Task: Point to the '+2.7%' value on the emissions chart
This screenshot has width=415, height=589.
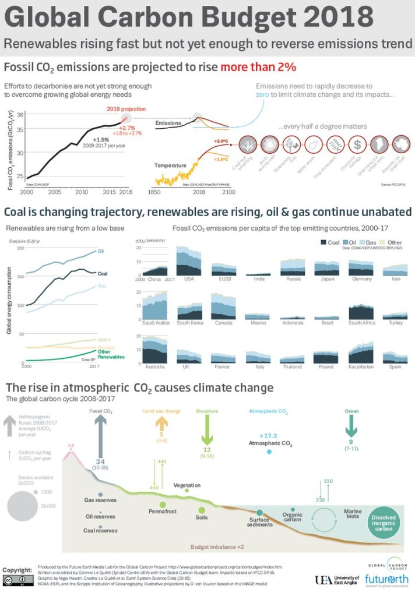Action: coord(127,127)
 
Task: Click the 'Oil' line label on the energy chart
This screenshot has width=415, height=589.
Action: coord(101,251)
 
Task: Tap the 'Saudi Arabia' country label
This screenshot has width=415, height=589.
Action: coord(154,322)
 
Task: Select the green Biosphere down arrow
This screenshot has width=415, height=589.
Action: coord(206,432)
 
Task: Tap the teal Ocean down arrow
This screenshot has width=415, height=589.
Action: coord(350,430)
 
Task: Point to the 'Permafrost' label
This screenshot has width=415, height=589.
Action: coord(163,511)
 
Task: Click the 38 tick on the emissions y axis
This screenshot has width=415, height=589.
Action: coord(20,115)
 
